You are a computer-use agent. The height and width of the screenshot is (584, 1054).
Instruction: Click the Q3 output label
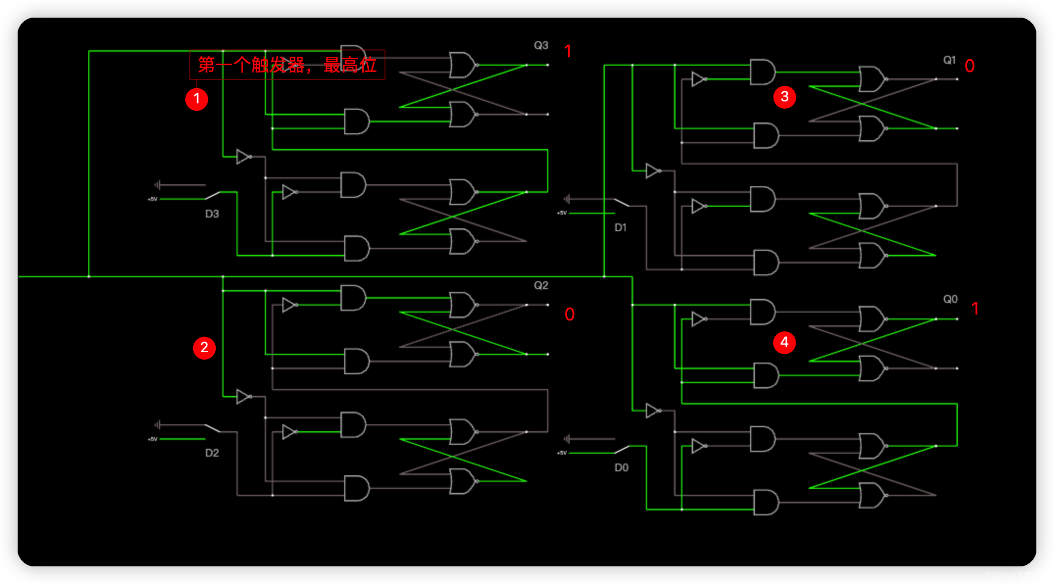(x=541, y=46)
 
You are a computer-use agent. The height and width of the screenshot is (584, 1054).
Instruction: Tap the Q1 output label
(x=950, y=60)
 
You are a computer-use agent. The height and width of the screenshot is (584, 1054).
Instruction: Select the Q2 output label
(x=541, y=286)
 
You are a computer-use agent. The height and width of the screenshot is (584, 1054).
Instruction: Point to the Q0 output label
(x=950, y=299)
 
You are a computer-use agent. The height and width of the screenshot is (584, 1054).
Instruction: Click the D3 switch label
(x=212, y=214)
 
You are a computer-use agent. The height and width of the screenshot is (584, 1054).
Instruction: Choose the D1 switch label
(x=621, y=228)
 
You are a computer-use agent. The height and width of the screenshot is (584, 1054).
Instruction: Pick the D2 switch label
(x=212, y=453)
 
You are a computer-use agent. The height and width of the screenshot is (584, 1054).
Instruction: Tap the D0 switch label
(x=621, y=468)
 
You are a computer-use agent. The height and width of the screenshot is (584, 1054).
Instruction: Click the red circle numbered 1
(x=197, y=99)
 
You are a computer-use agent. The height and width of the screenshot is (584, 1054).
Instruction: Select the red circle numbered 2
(x=204, y=348)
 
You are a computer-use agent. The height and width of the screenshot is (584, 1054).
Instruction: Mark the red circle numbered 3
(x=784, y=97)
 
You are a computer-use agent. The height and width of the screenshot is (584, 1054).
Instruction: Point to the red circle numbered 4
(x=784, y=342)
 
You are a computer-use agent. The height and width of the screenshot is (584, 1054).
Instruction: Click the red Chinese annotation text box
(x=287, y=65)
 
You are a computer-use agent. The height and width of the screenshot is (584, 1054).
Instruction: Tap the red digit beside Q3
(x=568, y=51)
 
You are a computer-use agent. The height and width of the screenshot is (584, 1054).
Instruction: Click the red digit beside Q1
(x=969, y=66)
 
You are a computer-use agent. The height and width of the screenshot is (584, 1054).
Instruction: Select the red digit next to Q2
(x=569, y=315)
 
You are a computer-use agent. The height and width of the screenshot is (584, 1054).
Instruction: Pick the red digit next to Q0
(x=975, y=309)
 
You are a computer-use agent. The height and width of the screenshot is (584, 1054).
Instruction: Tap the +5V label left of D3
(x=152, y=199)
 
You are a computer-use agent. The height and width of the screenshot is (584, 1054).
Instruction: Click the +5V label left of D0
(x=562, y=453)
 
